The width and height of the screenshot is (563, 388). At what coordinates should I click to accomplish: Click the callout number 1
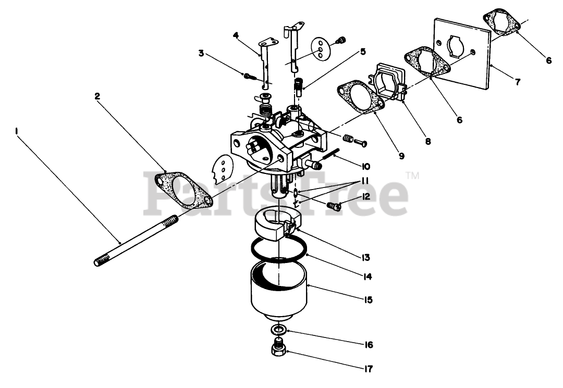click(17, 132)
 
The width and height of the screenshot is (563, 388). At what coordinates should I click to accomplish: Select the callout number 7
click(518, 82)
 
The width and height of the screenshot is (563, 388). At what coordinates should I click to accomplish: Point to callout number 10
click(364, 167)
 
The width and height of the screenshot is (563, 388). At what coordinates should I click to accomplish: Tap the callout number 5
click(362, 52)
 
